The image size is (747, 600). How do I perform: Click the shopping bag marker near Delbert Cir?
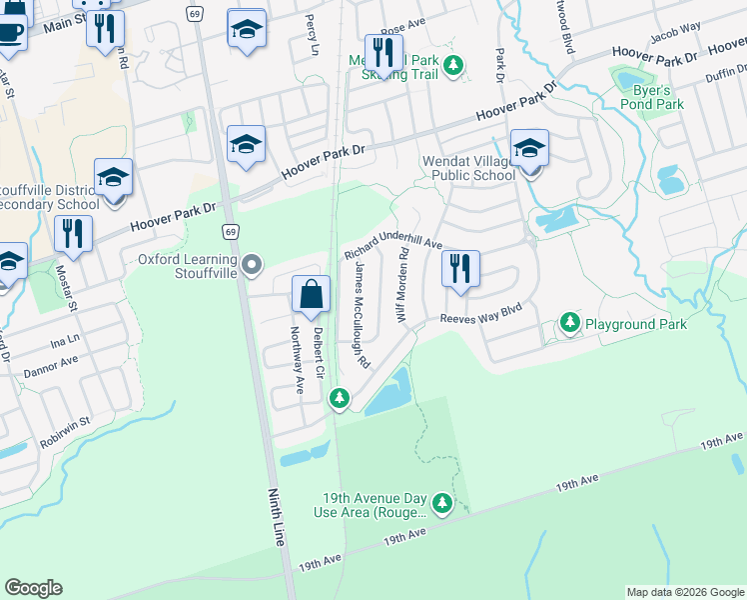[x=311, y=294]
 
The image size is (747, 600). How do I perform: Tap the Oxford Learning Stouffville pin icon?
[x=252, y=265]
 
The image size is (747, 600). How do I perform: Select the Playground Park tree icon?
[x=569, y=323]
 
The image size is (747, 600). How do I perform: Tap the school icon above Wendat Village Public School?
[x=529, y=149]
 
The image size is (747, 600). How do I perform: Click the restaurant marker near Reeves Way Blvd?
[x=460, y=269]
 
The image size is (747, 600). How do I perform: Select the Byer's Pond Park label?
[x=657, y=96]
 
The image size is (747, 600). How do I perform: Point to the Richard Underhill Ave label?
[x=392, y=236]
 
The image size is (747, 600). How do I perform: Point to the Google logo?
[x=33, y=587]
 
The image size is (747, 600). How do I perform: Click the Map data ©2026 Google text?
[x=684, y=592]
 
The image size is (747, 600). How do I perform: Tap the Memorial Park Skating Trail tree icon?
[x=453, y=65]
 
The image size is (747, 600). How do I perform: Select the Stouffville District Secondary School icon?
[x=114, y=178]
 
